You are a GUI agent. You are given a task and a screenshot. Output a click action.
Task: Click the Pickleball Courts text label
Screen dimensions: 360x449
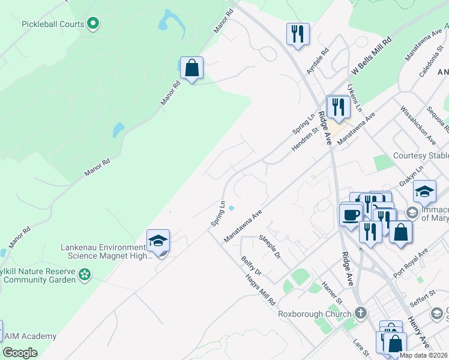coord(52,24)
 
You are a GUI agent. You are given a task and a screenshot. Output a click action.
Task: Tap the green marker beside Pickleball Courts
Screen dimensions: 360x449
coord(93,24)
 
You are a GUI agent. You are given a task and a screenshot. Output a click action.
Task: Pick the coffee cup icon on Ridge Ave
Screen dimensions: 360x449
coord(351,214)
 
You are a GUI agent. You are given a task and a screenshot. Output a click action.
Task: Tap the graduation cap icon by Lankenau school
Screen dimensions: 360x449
coord(158,241)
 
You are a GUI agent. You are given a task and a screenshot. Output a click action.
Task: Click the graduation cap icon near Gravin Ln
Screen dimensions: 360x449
coord(424,191)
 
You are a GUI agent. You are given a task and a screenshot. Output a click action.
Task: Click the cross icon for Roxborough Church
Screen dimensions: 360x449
coord(360,313)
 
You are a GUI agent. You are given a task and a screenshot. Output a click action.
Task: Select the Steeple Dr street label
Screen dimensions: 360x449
coord(270,247)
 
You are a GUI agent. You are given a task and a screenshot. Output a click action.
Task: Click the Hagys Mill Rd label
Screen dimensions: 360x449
coord(259,289)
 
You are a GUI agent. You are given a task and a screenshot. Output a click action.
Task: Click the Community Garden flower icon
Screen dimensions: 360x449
coord(85,274)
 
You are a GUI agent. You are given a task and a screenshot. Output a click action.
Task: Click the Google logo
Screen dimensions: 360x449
coord(20,352)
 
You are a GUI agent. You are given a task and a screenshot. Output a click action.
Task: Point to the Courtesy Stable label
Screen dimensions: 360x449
coord(420,156)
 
